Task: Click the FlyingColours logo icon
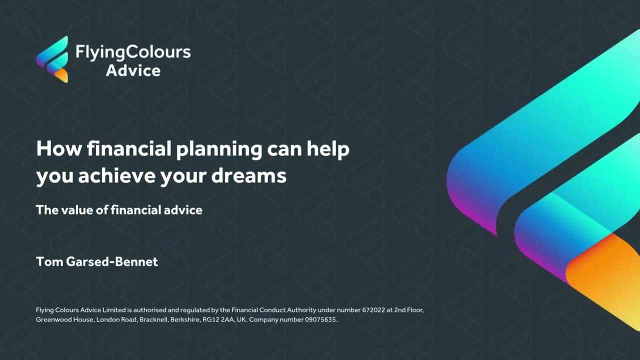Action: (52, 59)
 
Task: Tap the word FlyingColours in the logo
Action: (133, 51)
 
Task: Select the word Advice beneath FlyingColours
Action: (133, 70)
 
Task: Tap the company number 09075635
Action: (321, 319)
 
